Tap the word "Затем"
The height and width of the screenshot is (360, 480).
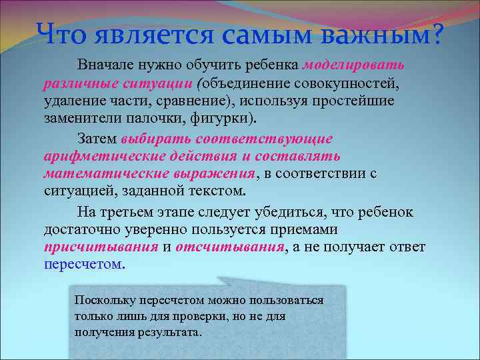[x=97, y=139]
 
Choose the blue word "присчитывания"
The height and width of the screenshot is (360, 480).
[x=101, y=247]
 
